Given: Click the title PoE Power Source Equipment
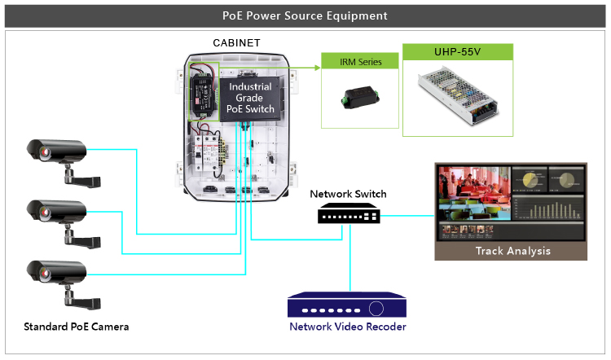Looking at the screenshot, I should coord(305,15).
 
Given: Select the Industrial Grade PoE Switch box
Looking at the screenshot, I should coord(250,98).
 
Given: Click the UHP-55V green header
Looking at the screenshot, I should coord(459,52).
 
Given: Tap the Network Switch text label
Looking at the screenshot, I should coord(348,194).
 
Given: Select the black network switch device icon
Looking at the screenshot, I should coord(348,214).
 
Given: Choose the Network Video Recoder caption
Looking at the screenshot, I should coord(348,327).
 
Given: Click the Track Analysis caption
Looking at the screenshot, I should coord(512,251).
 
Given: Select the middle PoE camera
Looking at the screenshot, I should coord(57,215).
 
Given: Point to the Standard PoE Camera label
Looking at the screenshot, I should coord(76,327).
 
